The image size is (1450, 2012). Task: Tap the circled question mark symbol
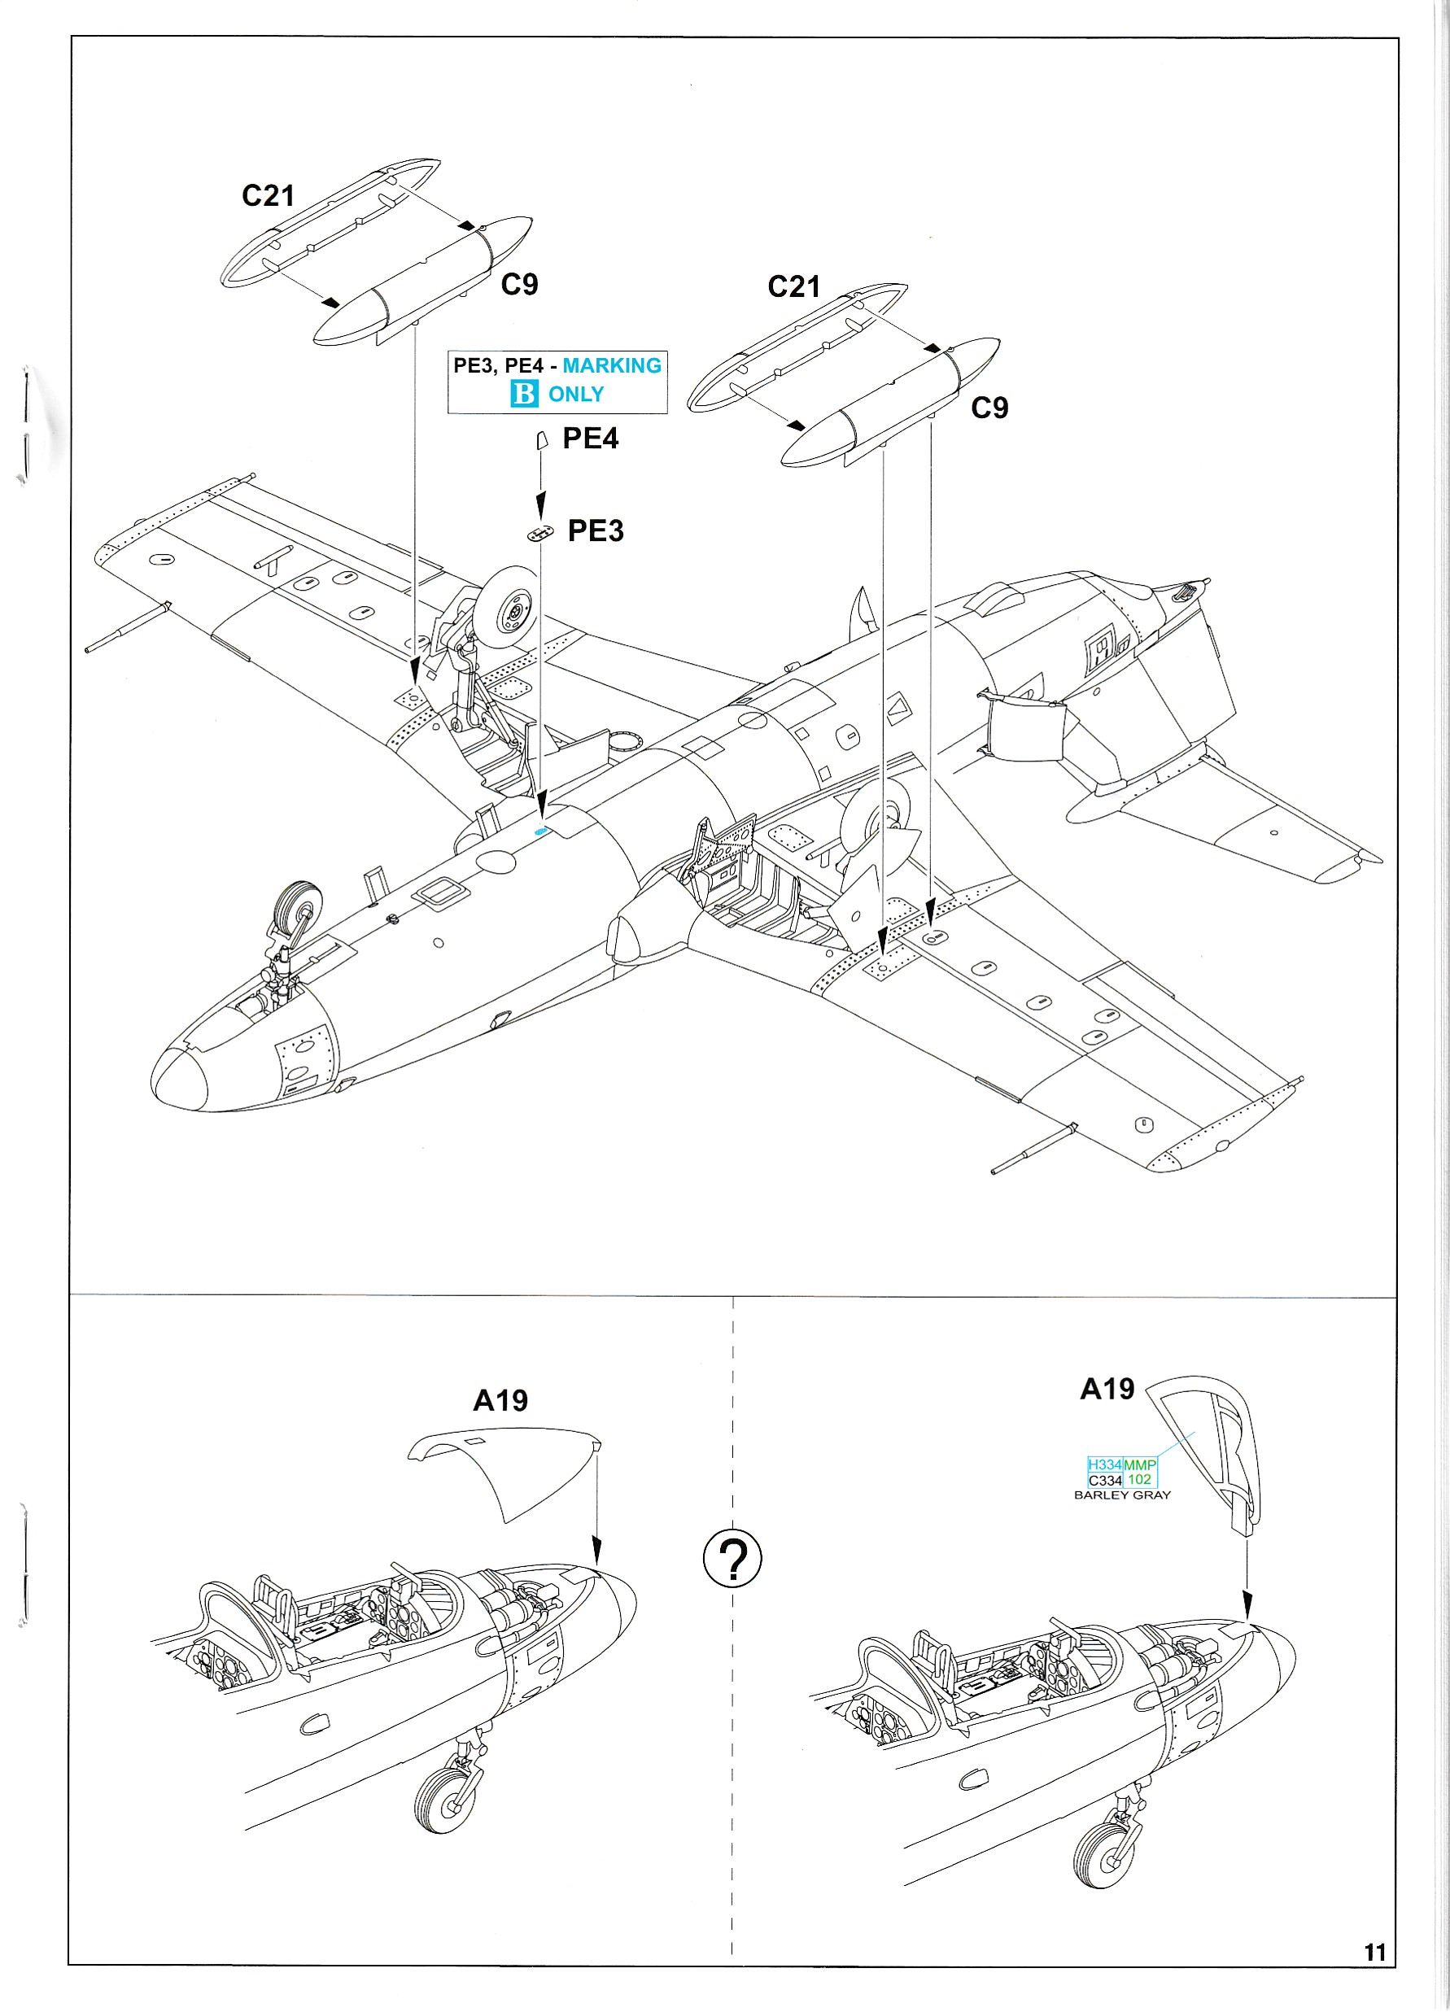[x=732, y=1558]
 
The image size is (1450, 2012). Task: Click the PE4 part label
[x=590, y=439]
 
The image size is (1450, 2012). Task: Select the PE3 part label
[x=596, y=530]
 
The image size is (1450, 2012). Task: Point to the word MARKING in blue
[x=611, y=365]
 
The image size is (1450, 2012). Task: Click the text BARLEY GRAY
[x=1121, y=1495]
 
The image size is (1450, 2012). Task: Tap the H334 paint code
[x=1105, y=1464]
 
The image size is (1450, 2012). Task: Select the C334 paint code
[x=1105, y=1480]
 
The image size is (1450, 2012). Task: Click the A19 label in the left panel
[x=500, y=1400]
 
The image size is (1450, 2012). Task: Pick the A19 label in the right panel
[x=1107, y=1388]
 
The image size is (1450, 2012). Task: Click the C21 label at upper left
[x=268, y=196]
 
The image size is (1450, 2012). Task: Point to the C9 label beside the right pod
[x=989, y=408]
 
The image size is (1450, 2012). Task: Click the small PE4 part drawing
[x=541, y=440]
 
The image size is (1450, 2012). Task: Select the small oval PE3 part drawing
[x=539, y=533]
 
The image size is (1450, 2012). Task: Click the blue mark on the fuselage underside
[x=540, y=831]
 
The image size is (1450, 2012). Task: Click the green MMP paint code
[x=1139, y=1464]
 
